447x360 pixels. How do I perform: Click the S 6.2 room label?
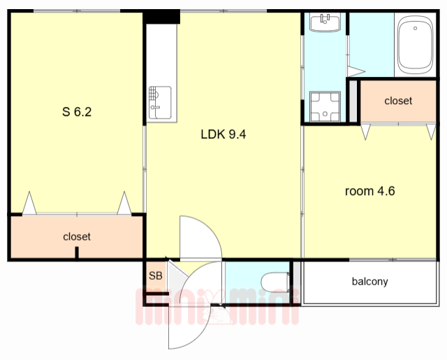[x=77, y=112]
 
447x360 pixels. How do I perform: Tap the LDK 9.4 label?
[x=223, y=134]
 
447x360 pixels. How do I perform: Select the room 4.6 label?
[x=369, y=191]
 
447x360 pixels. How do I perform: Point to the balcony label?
[x=369, y=282]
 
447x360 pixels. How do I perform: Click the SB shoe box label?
[x=156, y=275]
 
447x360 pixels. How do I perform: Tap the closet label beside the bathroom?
[x=398, y=101]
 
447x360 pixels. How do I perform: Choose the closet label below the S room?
[x=77, y=236]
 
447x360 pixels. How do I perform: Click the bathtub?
[x=416, y=45]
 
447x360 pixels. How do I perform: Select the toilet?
[x=275, y=282]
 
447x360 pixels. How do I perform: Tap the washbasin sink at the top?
[x=325, y=22]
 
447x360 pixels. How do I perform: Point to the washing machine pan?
[x=325, y=106]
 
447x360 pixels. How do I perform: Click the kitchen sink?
[x=160, y=103]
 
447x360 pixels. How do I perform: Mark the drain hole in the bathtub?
[x=415, y=28]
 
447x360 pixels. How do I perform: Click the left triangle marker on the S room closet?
[x=29, y=203]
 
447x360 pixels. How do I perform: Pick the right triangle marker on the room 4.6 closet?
[x=432, y=131]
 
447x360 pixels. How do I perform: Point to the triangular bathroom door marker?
[x=356, y=71]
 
